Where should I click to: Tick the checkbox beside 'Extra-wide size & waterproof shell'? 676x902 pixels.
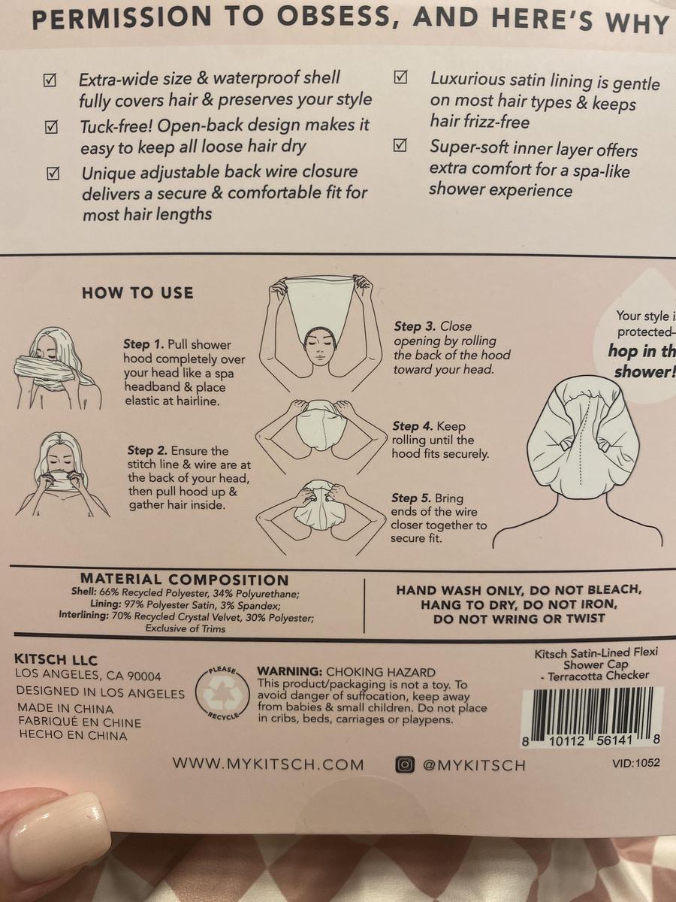50,80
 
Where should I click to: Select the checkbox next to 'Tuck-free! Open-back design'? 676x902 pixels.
50,127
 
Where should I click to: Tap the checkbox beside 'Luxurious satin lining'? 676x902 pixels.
400,77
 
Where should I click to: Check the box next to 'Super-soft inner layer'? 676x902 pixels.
400,146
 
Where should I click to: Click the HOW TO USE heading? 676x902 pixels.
137,293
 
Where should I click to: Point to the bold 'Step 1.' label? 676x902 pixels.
143,344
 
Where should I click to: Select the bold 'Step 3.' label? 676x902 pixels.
415,326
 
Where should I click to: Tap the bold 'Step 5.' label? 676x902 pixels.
411,498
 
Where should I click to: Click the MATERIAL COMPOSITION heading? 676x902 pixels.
184,580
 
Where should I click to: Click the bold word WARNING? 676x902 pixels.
290,671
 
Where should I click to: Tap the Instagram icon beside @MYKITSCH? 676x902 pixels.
404,764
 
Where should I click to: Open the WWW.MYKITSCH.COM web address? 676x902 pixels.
268,764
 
